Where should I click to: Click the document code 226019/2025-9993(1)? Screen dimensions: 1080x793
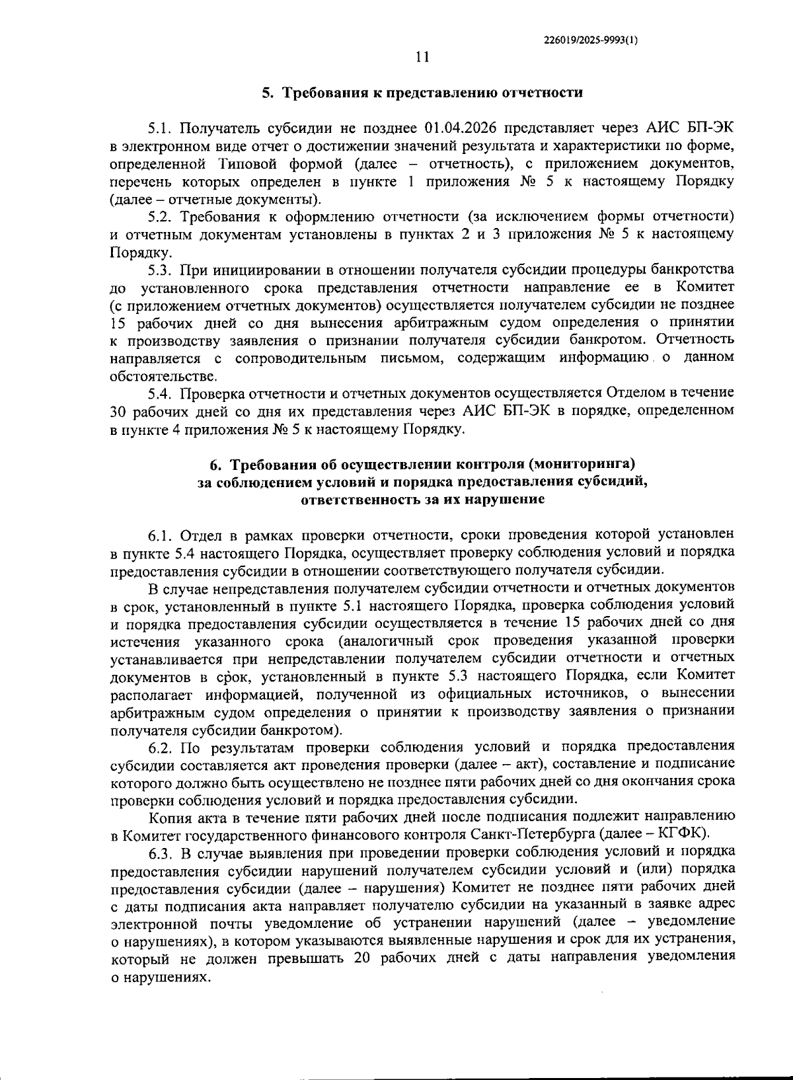[x=591, y=40]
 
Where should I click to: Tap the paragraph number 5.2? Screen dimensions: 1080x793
[x=161, y=217]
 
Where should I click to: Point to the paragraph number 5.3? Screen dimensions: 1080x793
[x=161, y=270]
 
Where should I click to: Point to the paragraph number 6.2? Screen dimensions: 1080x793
[x=161, y=748]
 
